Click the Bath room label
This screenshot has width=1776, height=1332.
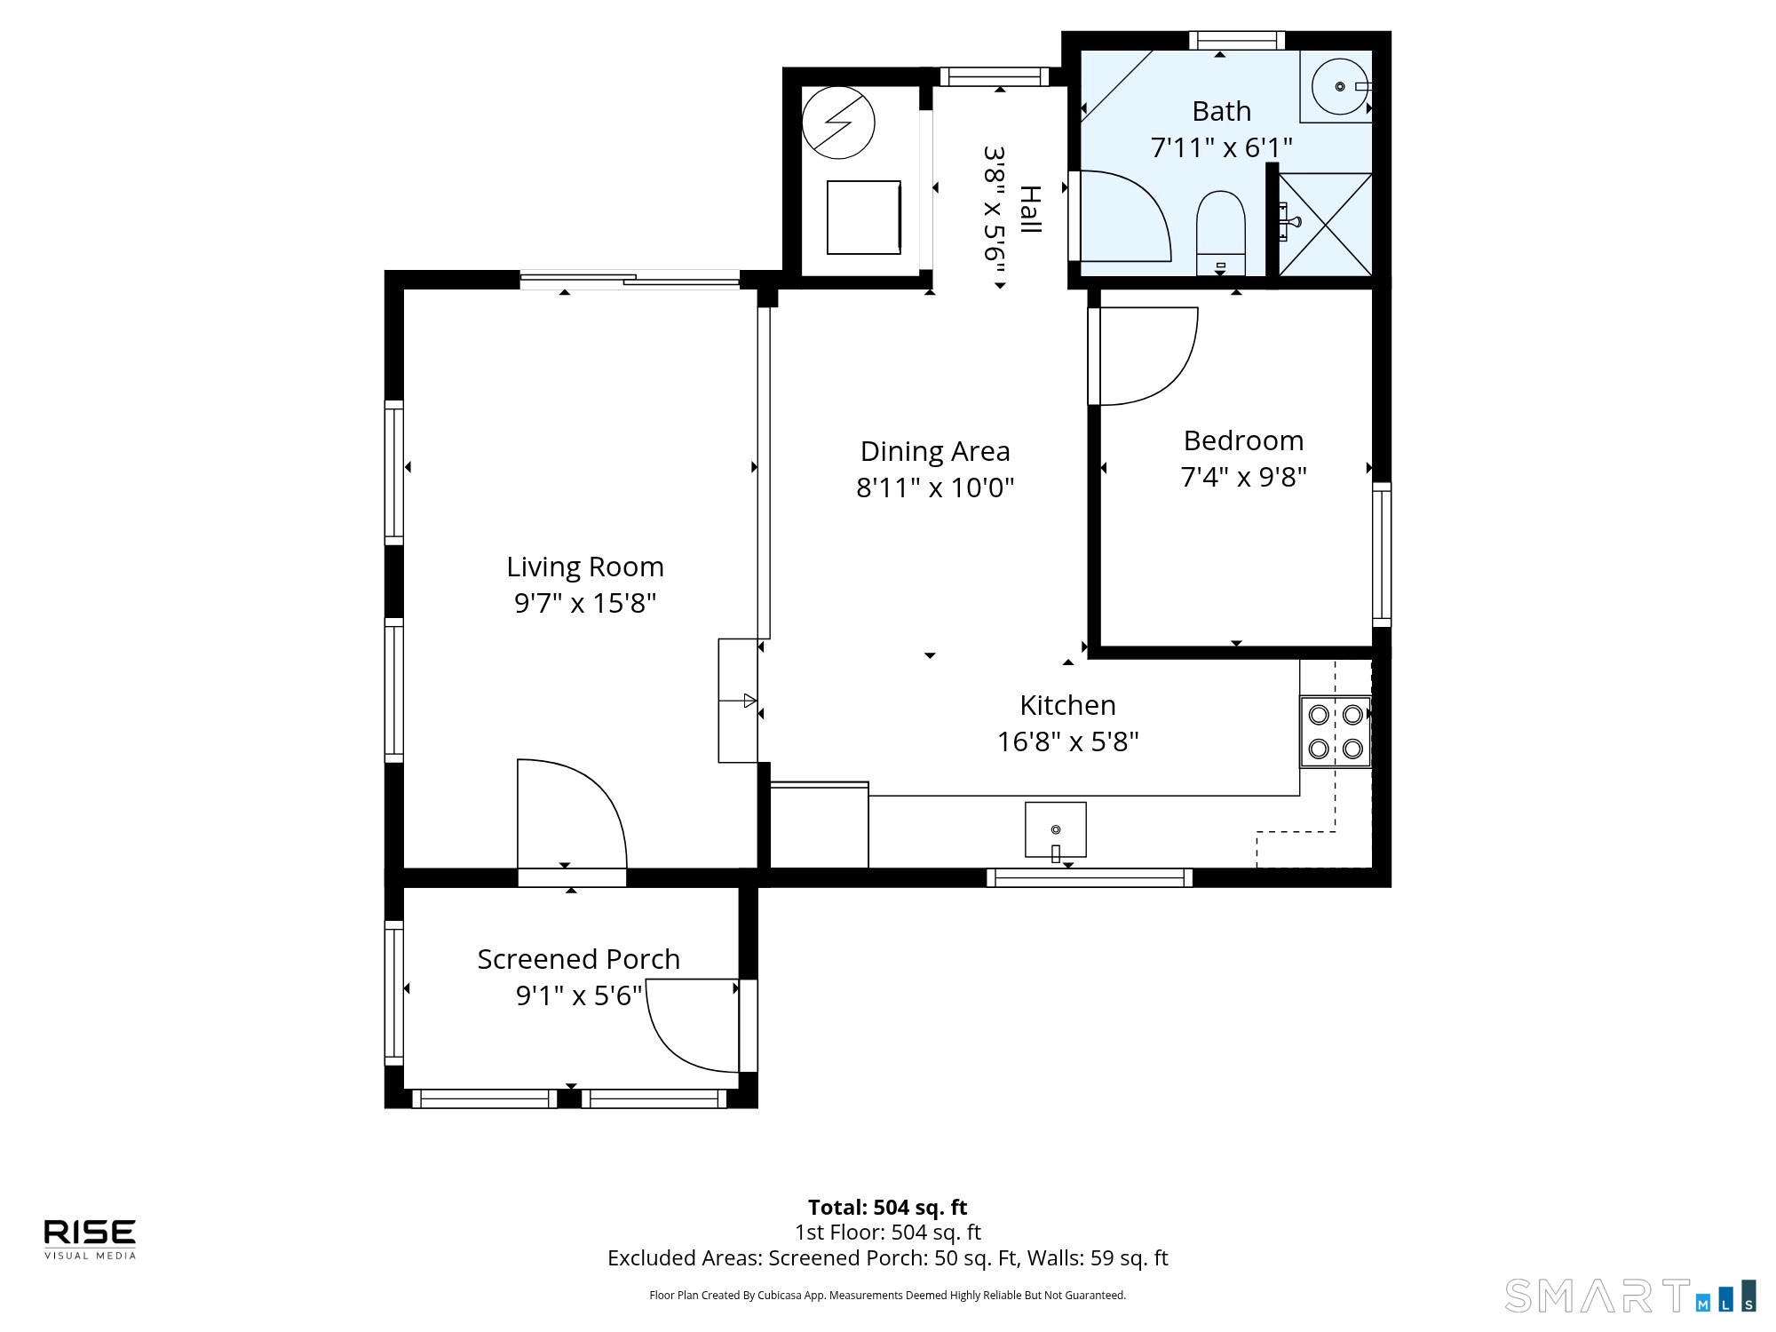1221,112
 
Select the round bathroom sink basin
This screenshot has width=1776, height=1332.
1340,87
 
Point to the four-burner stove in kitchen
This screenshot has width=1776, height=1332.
1336,731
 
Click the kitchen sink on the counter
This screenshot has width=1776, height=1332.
1055,829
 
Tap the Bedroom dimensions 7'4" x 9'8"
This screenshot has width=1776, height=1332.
1243,477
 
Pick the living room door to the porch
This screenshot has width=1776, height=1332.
573,817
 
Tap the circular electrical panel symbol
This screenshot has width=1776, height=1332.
838,123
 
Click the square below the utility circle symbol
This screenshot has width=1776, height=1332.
863,218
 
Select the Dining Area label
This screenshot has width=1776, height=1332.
935,451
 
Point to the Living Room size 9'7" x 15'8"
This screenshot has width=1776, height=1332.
585,603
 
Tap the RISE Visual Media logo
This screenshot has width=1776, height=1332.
90,1238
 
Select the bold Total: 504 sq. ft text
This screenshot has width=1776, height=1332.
887,1207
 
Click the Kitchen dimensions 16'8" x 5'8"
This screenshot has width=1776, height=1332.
1067,741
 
